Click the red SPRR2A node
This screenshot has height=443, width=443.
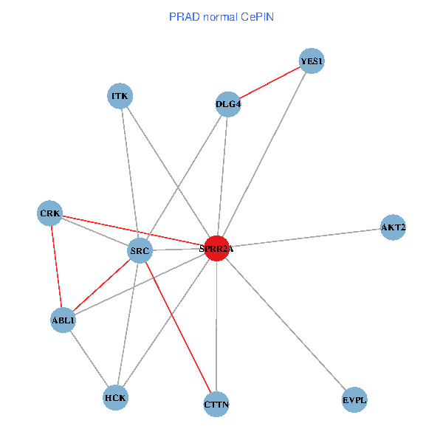(x=216, y=249)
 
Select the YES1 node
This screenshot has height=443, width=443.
(x=312, y=61)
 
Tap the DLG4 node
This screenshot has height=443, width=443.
(x=228, y=104)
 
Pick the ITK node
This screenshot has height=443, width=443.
(x=120, y=96)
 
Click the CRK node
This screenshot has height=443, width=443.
(x=50, y=213)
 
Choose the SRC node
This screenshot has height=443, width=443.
(x=140, y=251)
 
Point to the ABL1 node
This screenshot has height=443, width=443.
(x=63, y=320)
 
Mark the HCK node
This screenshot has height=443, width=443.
(x=116, y=397)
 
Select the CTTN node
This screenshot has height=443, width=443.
(x=216, y=404)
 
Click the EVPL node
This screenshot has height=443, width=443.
(x=354, y=400)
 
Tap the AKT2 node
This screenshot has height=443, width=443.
(x=393, y=227)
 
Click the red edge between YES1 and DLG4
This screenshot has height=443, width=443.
(x=270, y=83)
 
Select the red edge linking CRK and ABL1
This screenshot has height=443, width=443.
(x=56, y=267)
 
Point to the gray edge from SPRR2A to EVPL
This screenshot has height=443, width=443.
(x=285, y=324)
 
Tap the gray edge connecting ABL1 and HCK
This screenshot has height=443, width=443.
(x=89, y=359)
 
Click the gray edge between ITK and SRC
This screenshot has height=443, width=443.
(x=130, y=174)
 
